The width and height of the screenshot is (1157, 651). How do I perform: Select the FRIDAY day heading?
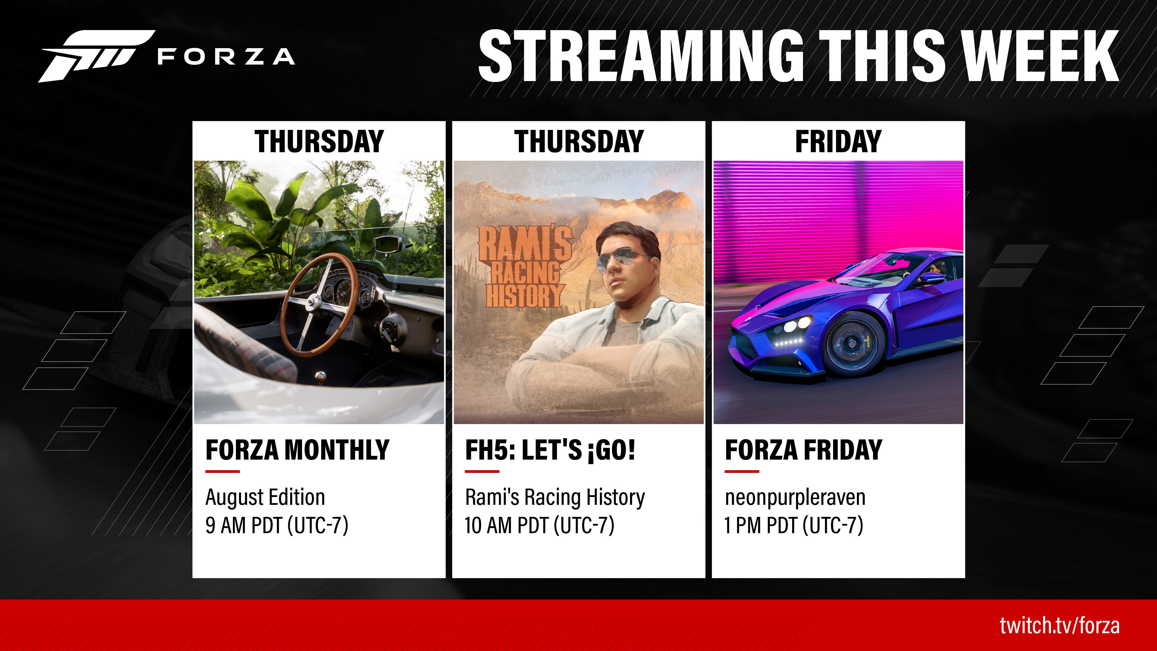point(838,142)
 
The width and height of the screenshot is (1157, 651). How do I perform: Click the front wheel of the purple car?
point(851,344)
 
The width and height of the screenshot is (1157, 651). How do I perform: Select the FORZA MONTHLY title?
point(297,450)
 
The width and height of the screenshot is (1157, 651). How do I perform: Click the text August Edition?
point(265,497)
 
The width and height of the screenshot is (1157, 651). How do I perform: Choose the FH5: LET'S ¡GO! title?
point(550,450)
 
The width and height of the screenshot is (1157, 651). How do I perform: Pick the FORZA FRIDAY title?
point(804,450)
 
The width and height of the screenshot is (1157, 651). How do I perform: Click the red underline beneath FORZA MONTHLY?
point(222,471)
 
